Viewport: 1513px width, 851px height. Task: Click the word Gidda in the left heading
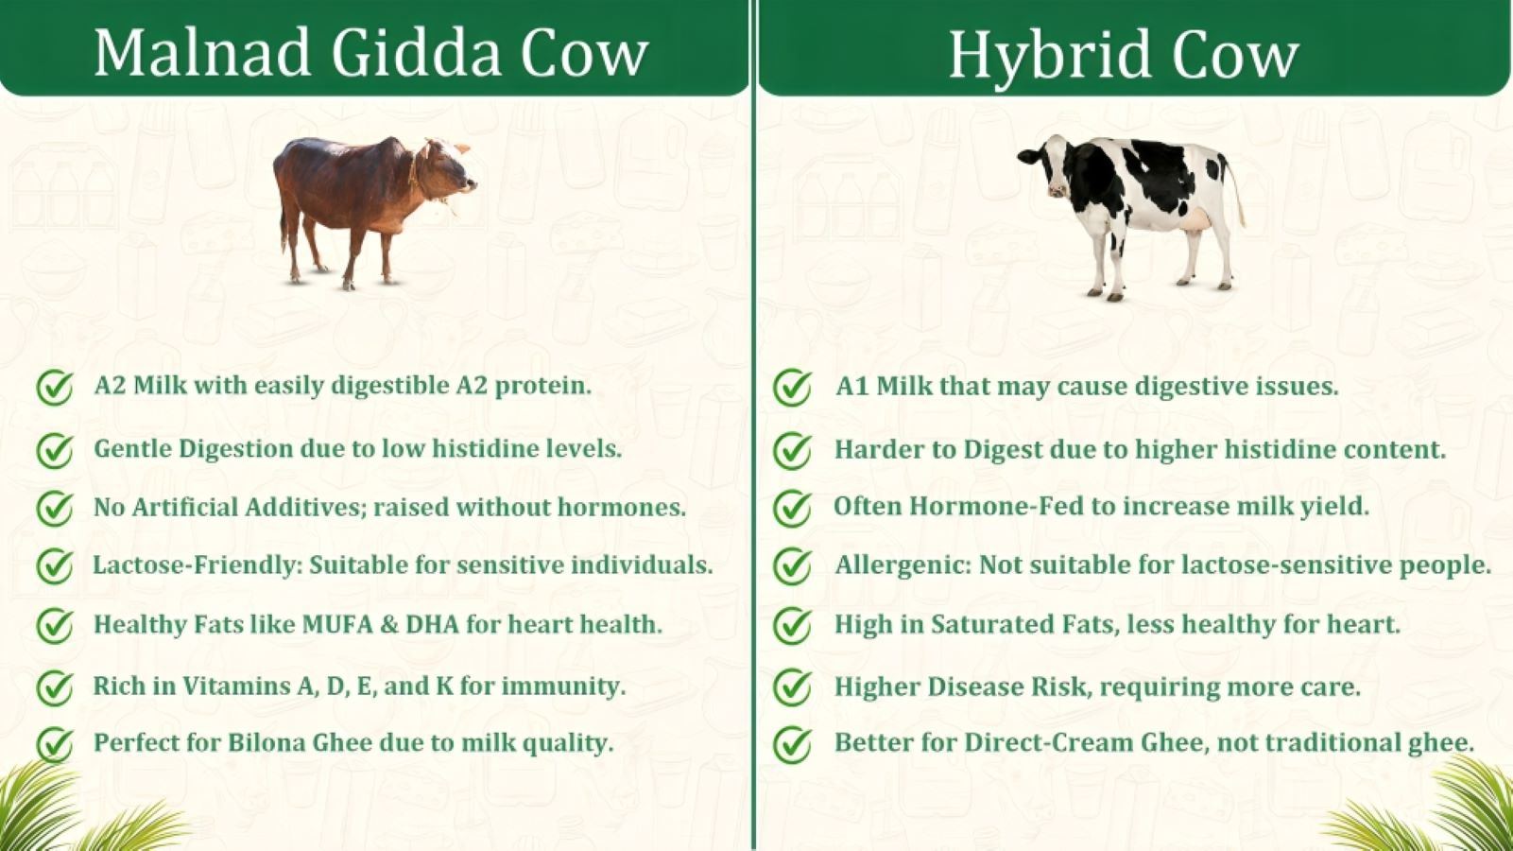tap(416, 53)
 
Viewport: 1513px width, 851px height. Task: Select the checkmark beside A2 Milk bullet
tap(55, 388)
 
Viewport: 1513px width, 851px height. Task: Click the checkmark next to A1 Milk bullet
tap(792, 388)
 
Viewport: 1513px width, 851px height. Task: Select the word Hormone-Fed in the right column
tap(997, 506)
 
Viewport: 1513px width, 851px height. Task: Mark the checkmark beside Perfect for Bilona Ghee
tap(55, 744)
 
